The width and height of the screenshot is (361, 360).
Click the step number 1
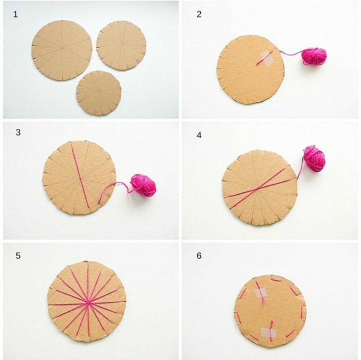[15, 14]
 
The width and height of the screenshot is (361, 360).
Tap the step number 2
[199, 14]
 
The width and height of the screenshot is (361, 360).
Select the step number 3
[18, 133]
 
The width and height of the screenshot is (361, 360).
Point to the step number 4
[199, 135]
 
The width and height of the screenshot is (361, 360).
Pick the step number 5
[18, 255]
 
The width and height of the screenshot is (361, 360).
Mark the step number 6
[199, 255]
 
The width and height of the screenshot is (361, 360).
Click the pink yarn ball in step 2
[314, 56]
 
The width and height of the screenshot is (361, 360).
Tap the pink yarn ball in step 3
[143, 185]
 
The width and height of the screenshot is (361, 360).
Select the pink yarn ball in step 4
[314, 159]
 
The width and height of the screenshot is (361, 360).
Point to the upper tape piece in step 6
[260, 293]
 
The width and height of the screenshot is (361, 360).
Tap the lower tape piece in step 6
[269, 332]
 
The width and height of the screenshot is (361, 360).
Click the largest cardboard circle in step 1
[62, 50]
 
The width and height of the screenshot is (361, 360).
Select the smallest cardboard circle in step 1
[99, 93]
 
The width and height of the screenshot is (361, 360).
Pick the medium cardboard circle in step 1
[121, 45]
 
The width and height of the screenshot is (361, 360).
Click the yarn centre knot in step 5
[88, 303]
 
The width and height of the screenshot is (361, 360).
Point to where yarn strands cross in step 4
[257, 189]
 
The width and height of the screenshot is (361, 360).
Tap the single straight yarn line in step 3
[80, 177]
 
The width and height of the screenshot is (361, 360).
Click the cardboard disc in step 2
[250, 69]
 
